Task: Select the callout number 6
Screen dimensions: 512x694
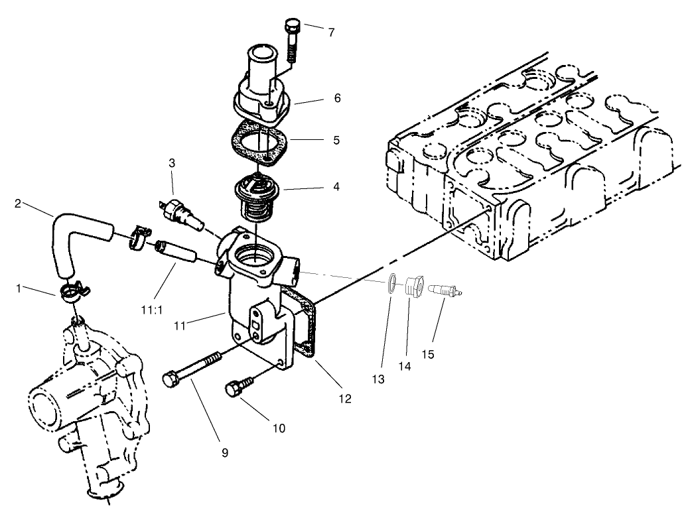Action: [x=337, y=97]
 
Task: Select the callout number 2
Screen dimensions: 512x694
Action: [x=18, y=204]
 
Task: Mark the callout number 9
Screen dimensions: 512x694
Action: [x=225, y=452]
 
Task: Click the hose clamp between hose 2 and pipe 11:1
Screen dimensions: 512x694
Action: [x=139, y=237]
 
